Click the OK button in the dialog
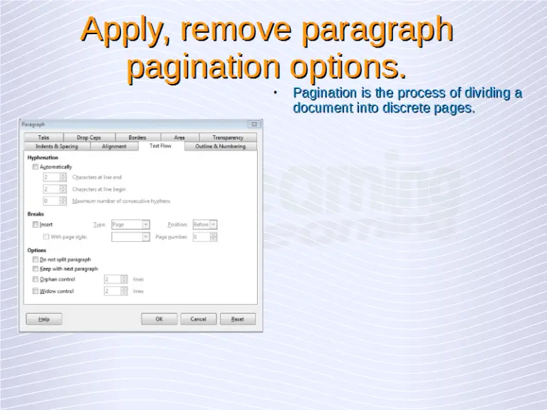point(159,319)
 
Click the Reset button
point(237,319)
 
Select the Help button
point(44,319)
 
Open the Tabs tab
point(43,137)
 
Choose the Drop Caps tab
point(89,137)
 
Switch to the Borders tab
point(137,137)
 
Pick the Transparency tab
point(227,137)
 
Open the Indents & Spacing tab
point(57,146)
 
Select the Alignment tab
point(114,146)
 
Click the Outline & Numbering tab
point(220,146)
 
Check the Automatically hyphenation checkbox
point(36,167)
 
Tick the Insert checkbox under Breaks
point(36,224)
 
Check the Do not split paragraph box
point(36,260)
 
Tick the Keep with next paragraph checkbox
point(36,269)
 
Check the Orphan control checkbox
point(36,280)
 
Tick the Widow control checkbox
point(36,291)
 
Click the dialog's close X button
point(254,125)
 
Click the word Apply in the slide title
point(125,30)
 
